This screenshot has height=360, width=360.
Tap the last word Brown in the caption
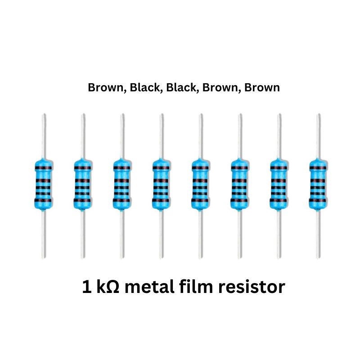point(262,88)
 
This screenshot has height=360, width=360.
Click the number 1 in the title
point(87,287)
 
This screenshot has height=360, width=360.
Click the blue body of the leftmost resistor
point(43,184)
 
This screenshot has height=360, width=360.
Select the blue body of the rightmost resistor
point(318,184)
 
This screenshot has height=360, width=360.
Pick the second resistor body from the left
point(82,184)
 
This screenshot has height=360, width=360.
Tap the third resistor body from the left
point(121,184)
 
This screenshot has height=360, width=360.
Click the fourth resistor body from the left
point(161,184)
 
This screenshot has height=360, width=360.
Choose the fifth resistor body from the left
point(200,184)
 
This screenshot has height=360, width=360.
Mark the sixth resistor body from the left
point(239,184)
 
